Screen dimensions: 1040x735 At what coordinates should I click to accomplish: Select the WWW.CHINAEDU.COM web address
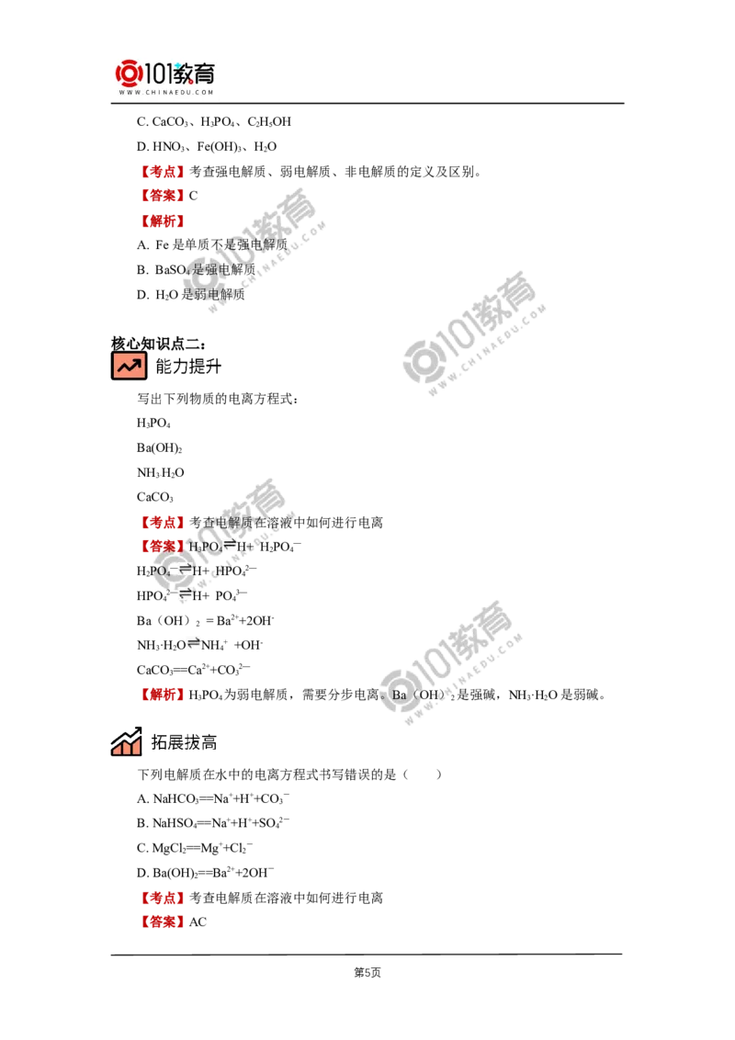coord(165,93)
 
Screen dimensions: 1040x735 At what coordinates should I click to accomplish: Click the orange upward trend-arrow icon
coord(128,366)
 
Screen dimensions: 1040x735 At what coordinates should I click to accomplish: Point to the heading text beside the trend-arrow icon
coord(185,367)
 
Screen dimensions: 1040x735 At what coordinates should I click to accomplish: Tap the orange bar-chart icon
coord(126,741)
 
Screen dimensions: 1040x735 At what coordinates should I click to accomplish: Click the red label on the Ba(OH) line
coord(162,695)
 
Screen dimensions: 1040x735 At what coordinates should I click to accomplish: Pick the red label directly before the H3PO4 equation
coord(162,547)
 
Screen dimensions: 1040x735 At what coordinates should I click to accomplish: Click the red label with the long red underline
coord(162,220)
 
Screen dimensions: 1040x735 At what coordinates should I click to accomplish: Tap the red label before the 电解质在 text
coord(162,522)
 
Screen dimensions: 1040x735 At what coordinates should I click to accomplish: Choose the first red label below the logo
coord(162,171)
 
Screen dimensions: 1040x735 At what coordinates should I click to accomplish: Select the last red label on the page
coord(162,921)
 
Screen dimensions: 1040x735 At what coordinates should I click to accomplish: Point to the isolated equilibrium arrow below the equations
coord(194,644)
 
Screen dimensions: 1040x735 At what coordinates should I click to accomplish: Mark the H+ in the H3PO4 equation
coord(246,547)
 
